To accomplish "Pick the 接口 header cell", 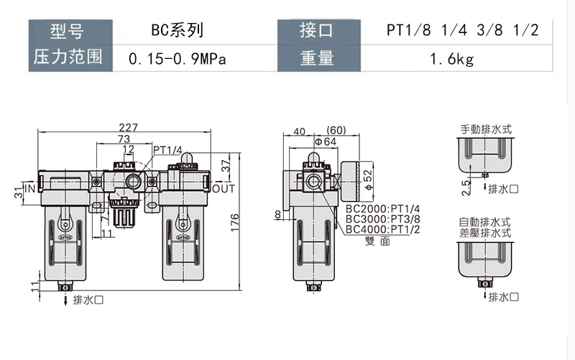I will pyautogui.click(x=317, y=31).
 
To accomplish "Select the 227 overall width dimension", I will pyautogui.click(x=130, y=127).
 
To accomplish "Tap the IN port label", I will pyautogui.click(x=30, y=189).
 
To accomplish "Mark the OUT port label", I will pyautogui.click(x=224, y=189).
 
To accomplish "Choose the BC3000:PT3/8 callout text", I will pyautogui.click(x=383, y=219).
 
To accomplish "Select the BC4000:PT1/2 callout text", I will pyautogui.click(x=383, y=229).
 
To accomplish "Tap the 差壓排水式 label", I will pyautogui.click(x=485, y=233).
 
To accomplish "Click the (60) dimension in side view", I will pyautogui.click(x=336, y=131).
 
